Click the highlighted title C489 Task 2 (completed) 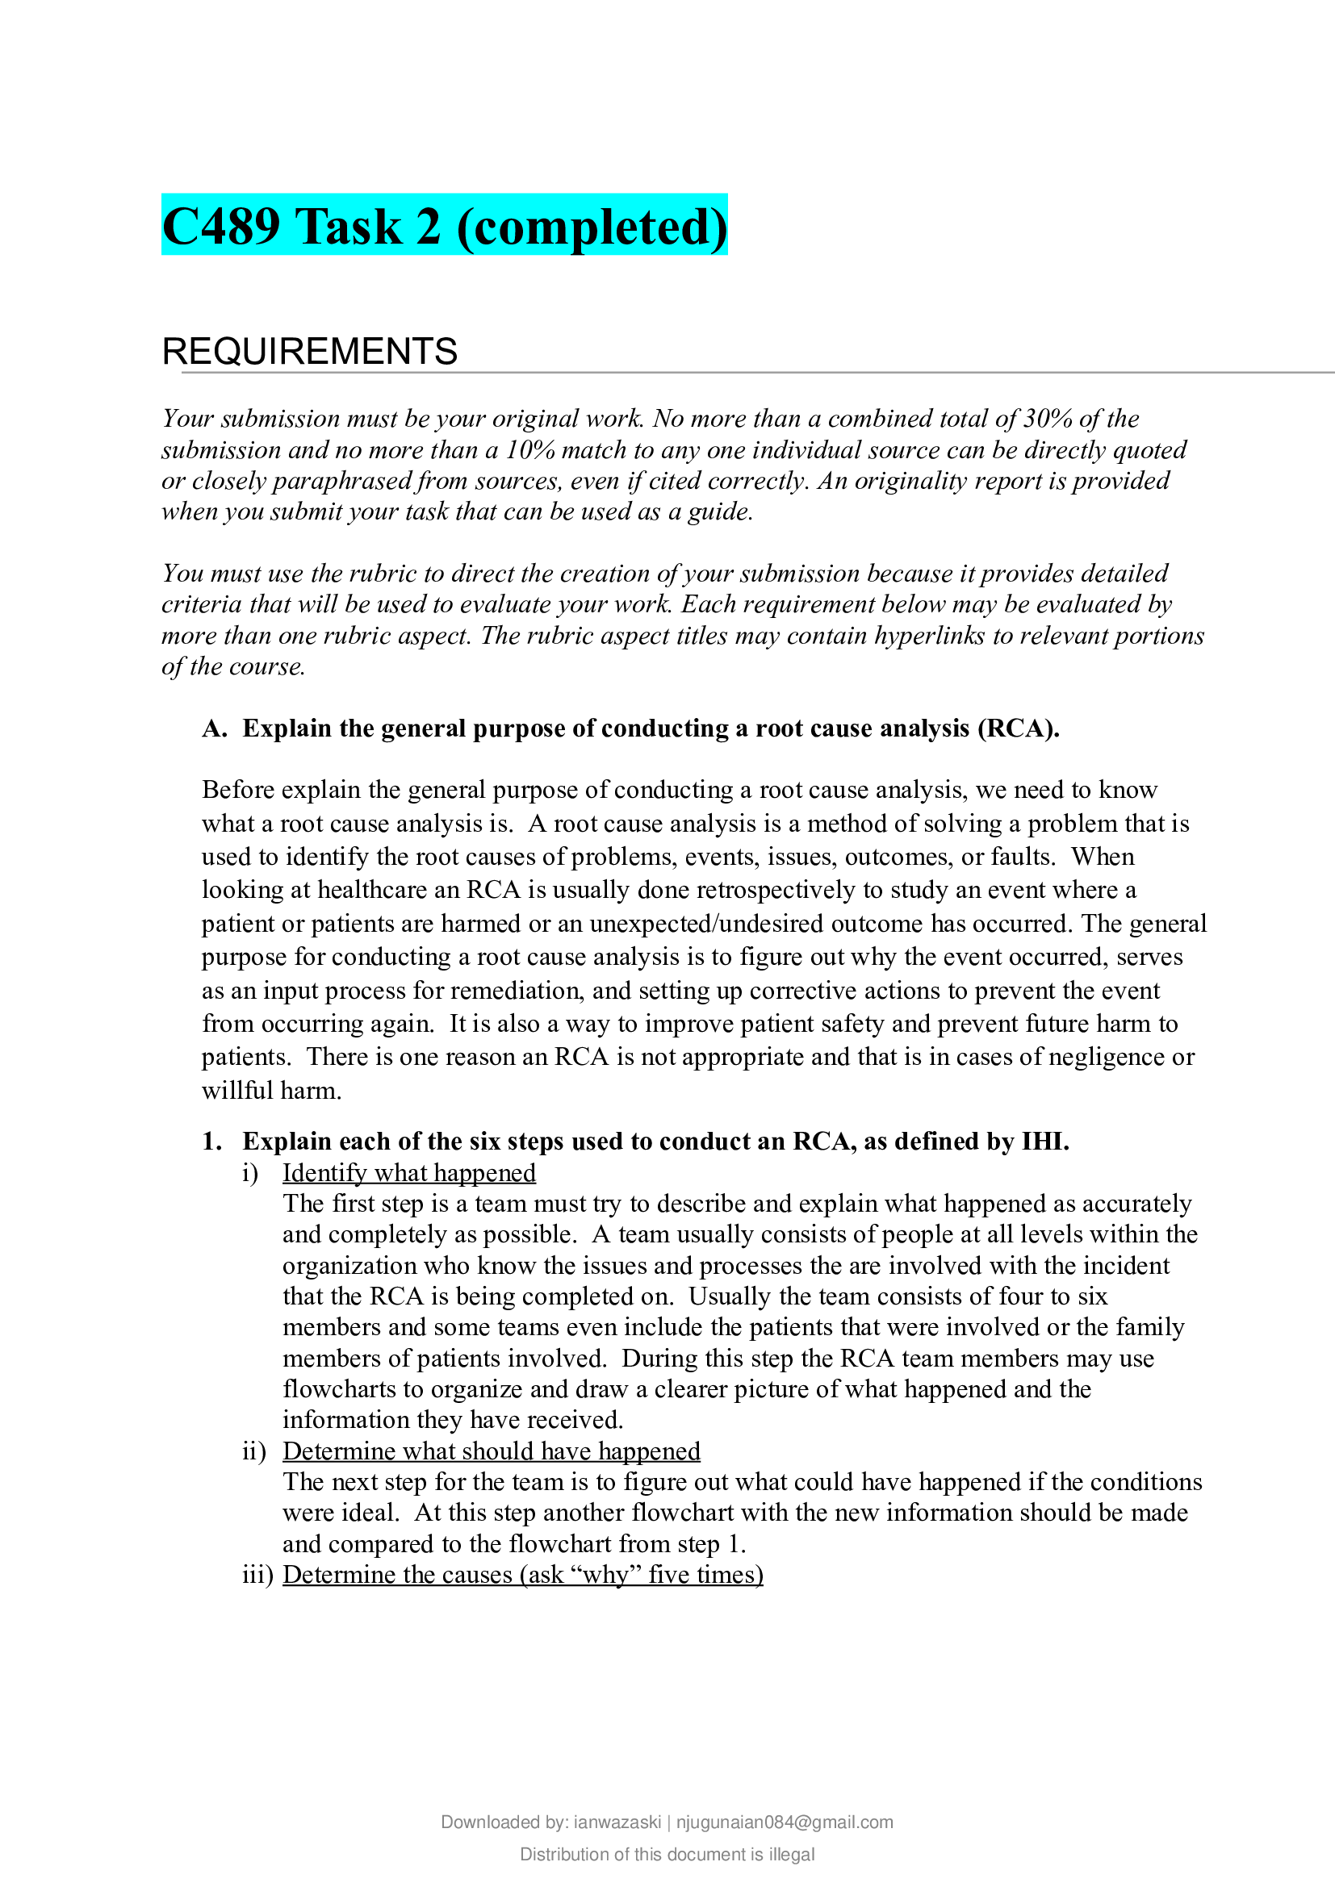click(444, 226)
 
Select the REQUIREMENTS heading click(309, 351)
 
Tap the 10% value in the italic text click(530, 449)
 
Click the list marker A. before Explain click(215, 728)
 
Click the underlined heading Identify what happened click(409, 1173)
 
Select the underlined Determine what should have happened click(491, 1451)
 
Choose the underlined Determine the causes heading click(523, 1574)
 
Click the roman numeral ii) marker click(254, 1451)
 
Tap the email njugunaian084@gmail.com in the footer click(785, 1822)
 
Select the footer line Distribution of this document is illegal click(667, 1854)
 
